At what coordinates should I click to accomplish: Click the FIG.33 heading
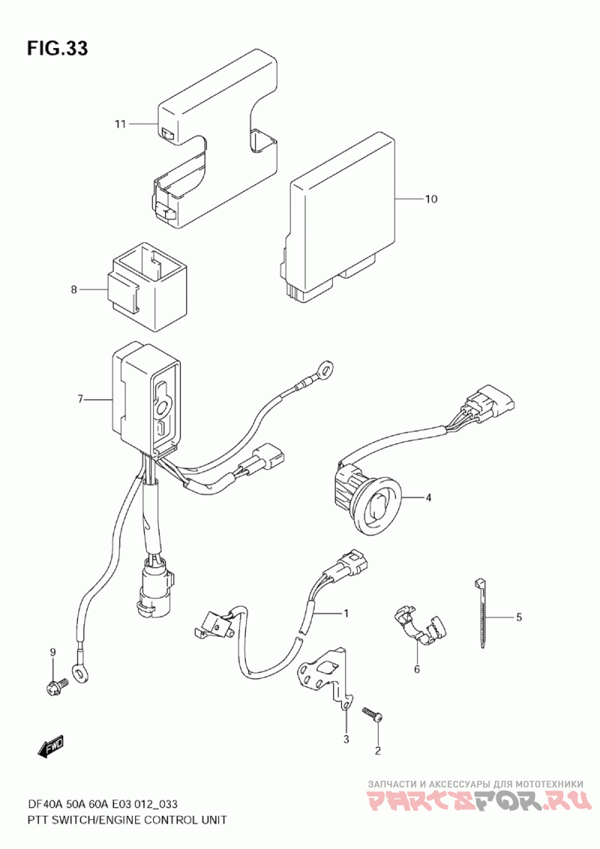pyautogui.click(x=58, y=49)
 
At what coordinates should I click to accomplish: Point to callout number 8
pyautogui.click(x=74, y=289)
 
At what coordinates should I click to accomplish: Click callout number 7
pyautogui.click(x=79, y=399)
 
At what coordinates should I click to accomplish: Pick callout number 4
pyautogui.click(x=429, y=497)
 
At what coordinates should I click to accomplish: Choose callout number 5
pyautogui.click(x=518, y=617)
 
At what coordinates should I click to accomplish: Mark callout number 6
pyautogui.click(x=417, y=669)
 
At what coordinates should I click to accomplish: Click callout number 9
pyautogui.click(x=53, y=652)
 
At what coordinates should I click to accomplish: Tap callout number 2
pyautogui.click(x=378, y=750)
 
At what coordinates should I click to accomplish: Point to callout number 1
pyautogui.click(x=346, y=613)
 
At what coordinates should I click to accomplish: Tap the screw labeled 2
pyautogui.click(x=372, y=713)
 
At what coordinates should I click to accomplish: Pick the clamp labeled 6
pyautogui.click(x=420, y=625)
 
